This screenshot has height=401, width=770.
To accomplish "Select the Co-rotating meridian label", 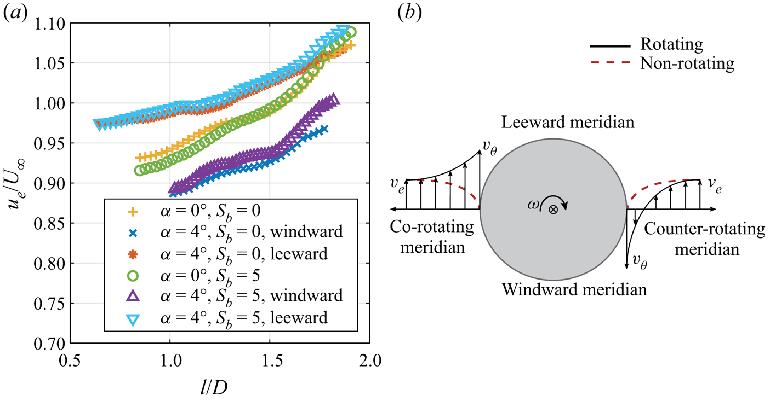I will (433, 237).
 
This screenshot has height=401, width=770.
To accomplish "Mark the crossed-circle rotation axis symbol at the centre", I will (554, 209).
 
